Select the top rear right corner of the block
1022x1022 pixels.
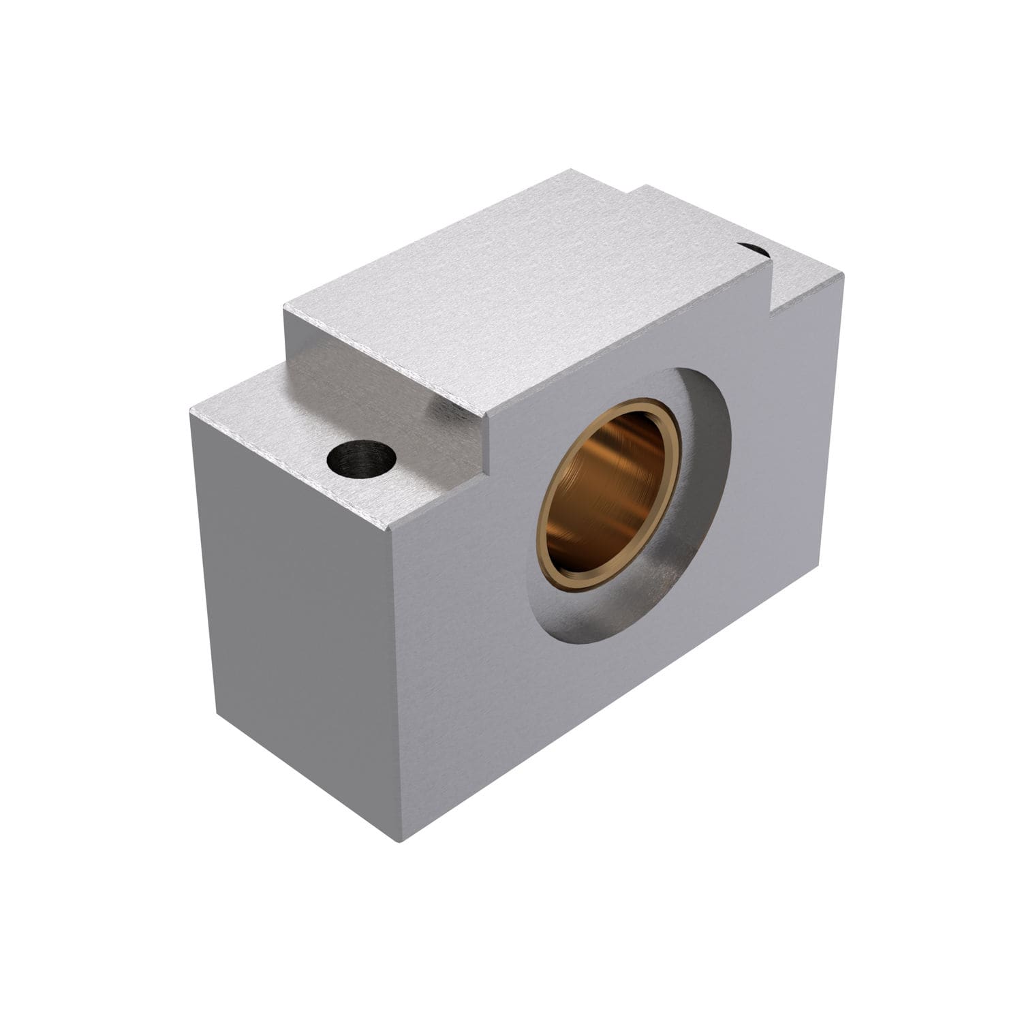point(843,275)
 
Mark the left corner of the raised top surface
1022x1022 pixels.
point(284,310)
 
